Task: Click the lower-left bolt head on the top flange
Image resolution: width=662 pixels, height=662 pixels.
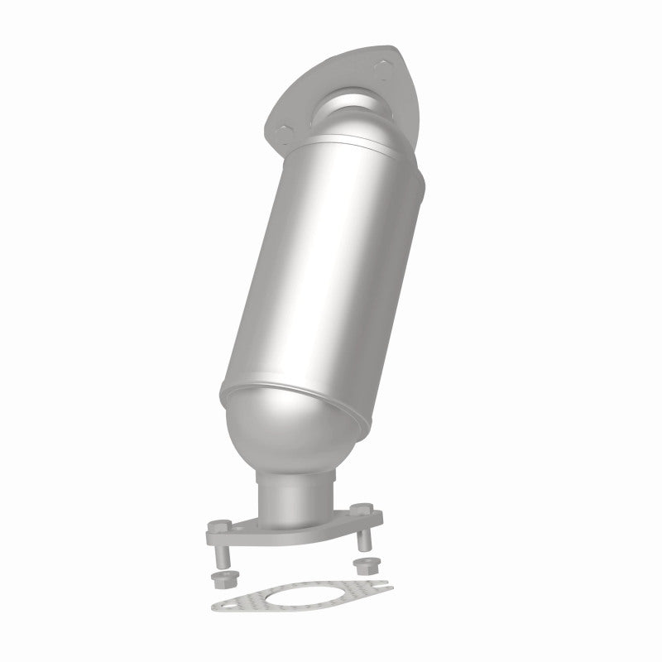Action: click(285, 129)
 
